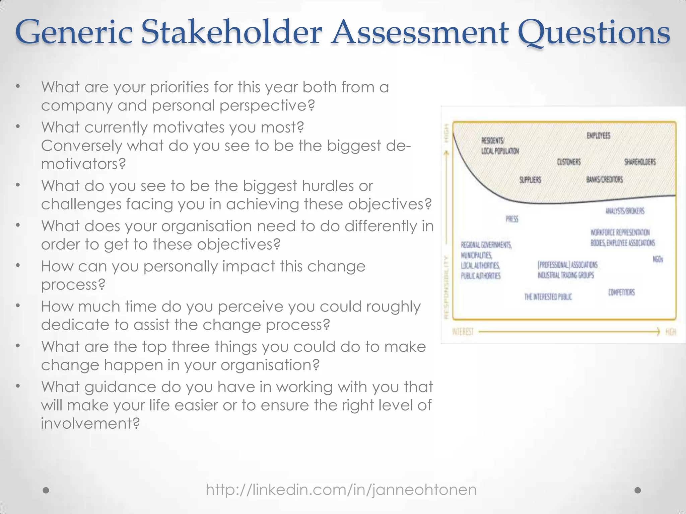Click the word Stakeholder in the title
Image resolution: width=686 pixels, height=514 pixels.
tap(231, 32)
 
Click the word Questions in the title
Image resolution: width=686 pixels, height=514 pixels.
tap(594, 32)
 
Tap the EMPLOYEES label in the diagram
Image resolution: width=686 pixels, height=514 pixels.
tap(599, 136)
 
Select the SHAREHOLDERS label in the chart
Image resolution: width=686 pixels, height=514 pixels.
tap(640, 162)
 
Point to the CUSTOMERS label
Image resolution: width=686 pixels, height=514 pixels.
tap(569, 162)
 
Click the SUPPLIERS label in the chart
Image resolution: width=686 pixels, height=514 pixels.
tap(530, 180)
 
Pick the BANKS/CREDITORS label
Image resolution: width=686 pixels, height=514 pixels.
tap(605, 179)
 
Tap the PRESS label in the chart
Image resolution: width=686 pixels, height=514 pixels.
tap(512, 219)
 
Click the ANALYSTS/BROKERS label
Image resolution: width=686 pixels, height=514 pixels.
tap(625, 211)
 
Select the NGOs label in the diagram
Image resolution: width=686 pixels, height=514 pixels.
tap(658, 259)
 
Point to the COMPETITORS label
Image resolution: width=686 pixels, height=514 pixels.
tap(621, 292)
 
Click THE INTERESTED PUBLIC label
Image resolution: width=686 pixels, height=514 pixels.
tap(548, 296)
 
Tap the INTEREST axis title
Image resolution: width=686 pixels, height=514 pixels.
tap(463, 332)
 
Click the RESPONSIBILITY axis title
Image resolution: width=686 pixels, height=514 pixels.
tap(446, 287)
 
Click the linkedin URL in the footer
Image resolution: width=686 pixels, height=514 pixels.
tap(341, 490)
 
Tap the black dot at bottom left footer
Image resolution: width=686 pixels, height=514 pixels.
tap(46, 490)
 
